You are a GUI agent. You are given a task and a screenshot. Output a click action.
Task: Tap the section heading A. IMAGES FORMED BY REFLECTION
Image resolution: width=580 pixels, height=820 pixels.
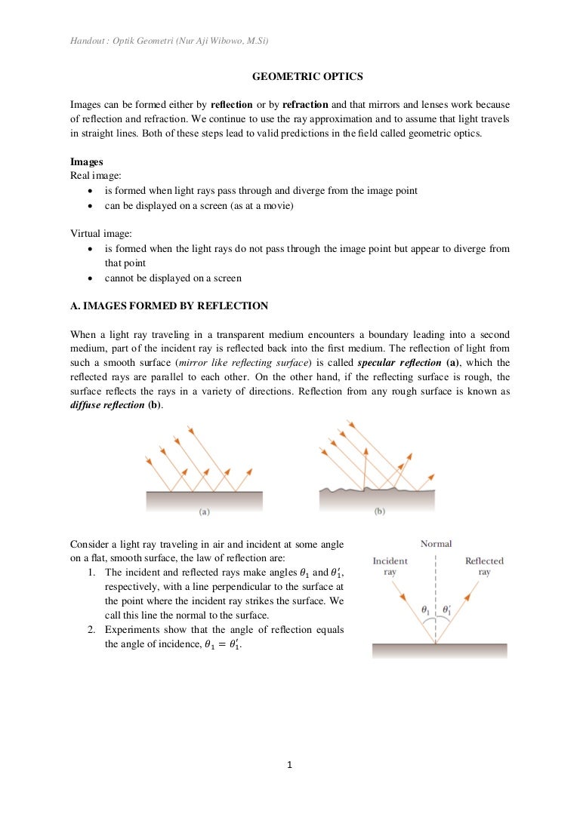point(169,306)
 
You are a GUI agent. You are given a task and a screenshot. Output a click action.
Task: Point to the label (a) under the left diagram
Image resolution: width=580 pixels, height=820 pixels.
point(204,511)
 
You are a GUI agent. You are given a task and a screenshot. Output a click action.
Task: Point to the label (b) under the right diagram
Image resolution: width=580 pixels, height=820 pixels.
point(379,511)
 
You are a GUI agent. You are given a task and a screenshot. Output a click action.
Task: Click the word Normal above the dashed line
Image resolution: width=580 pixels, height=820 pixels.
point(436,543)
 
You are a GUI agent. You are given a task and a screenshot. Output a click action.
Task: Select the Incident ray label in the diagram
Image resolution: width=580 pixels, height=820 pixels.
point(390,566)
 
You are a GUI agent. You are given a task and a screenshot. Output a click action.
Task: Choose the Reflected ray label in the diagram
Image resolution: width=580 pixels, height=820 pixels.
point(484,566)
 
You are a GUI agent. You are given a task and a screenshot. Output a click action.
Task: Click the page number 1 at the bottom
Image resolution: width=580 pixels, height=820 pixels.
point(290,764)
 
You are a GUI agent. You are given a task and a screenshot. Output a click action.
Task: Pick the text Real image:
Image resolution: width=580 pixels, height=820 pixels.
point(91,176)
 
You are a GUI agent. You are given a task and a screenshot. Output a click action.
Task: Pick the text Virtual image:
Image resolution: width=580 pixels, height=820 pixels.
point(96,234)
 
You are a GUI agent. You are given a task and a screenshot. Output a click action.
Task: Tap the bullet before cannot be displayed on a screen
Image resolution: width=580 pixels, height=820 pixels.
point(91,278)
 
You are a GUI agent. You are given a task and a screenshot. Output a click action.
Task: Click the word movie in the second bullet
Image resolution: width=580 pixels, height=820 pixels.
point(277,205)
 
